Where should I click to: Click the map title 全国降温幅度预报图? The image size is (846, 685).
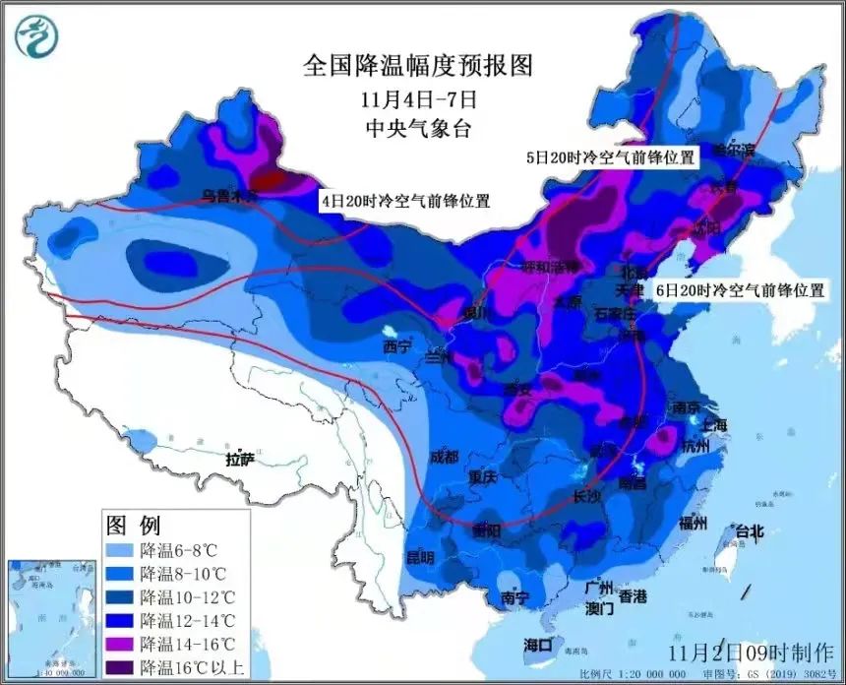pos(418,66)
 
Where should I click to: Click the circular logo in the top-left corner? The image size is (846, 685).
pos(36,35)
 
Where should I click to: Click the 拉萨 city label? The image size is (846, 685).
pos(241,459)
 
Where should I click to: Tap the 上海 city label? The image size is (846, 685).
pos(713,424)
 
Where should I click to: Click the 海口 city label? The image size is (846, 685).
pos(538,645)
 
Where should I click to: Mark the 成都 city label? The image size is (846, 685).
pos(444,457)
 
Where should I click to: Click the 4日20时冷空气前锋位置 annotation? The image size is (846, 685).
pos(404,200)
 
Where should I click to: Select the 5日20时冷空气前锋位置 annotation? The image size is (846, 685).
pos(609,156)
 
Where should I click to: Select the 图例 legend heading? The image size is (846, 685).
pos(133,524)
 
